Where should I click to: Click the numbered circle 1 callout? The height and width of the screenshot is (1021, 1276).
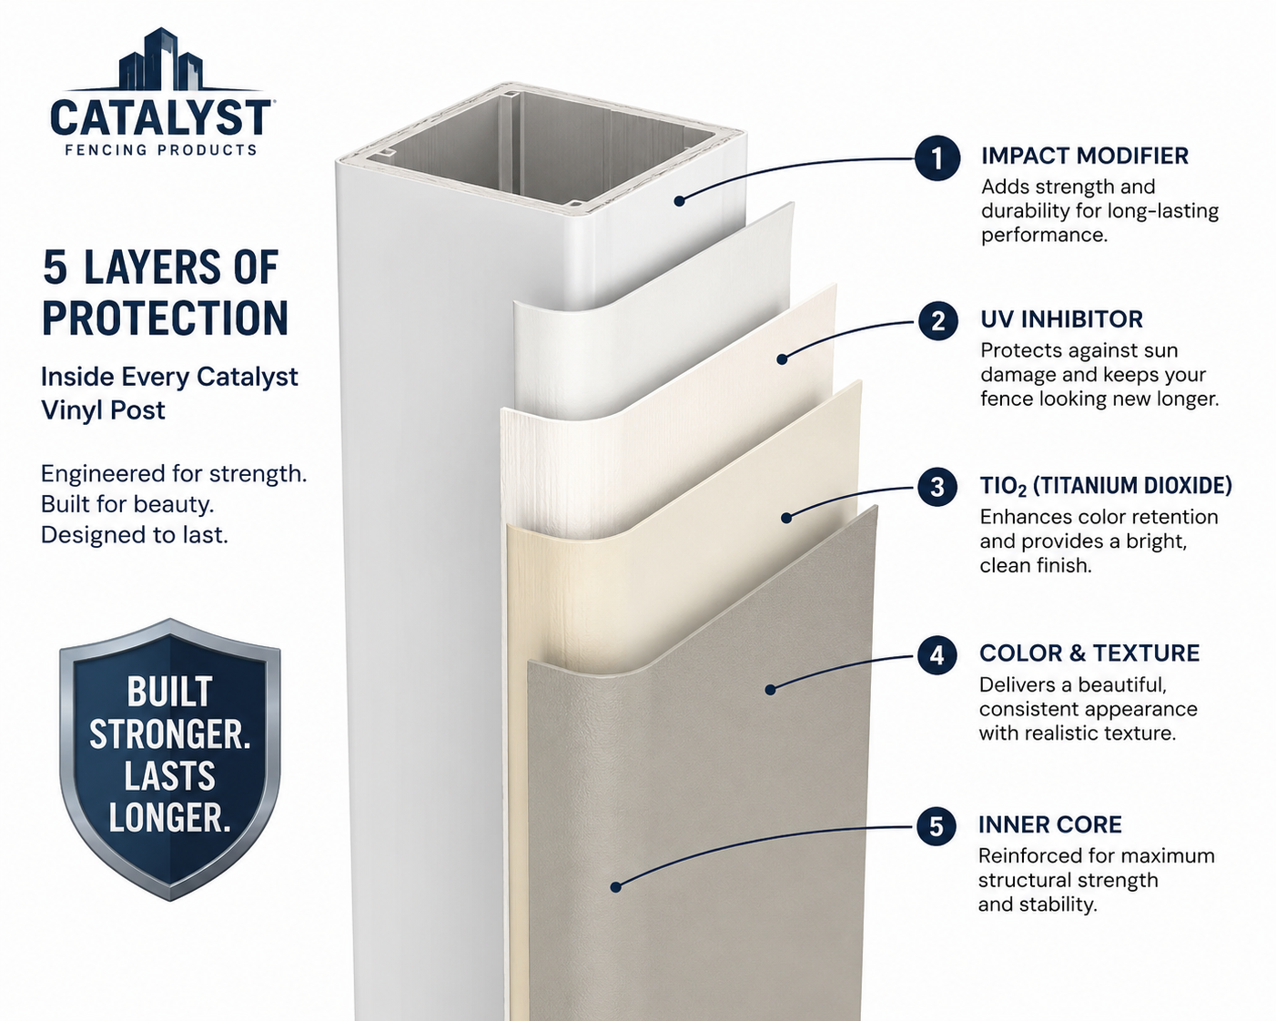[937, 157]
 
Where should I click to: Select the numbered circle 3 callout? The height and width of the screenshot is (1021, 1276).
[937, 487]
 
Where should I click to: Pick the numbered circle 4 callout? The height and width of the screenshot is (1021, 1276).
[937, 655]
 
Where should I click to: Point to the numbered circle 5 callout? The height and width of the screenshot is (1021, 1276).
[936, 826]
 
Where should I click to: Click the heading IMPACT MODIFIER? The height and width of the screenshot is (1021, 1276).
[1085, 156]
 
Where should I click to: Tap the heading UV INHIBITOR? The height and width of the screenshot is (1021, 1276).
[1061, 319]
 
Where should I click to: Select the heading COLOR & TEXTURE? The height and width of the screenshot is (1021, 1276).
[1089, 653]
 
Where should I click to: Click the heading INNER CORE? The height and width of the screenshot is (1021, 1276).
[1049, 824]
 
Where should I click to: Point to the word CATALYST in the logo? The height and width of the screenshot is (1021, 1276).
[160, 117]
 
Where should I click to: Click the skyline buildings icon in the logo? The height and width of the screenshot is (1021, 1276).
[161, 59]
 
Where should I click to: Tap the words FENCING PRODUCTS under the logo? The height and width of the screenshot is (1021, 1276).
[161, 150]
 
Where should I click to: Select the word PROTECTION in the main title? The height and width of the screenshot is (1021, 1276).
[165, 318]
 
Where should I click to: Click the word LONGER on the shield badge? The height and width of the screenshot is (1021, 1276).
[169, 818]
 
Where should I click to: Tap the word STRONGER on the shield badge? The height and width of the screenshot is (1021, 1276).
[169, 734]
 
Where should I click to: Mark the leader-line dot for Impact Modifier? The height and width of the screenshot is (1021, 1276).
[680, 201]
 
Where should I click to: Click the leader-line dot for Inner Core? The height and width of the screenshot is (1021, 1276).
[615, 887]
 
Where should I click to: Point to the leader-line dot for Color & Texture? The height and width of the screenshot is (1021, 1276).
[770, 690]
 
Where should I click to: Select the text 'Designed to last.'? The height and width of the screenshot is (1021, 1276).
[135, 535]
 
